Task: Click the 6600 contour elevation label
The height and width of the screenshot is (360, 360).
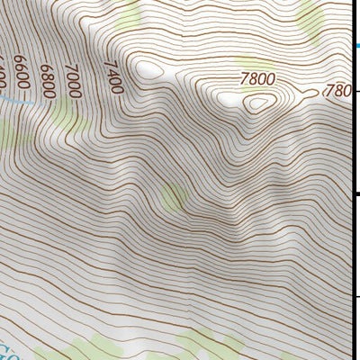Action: [22, 79]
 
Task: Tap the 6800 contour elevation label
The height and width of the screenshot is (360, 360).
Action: [47, 78]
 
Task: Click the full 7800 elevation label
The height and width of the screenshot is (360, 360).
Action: [257, 79]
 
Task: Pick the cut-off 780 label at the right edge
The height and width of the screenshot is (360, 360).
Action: [336, 90]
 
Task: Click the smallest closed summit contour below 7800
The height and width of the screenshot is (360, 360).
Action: [259, 102]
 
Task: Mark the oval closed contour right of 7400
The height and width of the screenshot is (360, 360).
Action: [150, 68]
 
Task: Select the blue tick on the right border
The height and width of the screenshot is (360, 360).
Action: [356, 46]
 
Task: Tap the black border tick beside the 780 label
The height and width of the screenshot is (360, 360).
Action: [356, 91]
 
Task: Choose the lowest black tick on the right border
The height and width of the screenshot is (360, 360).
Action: [356, 296]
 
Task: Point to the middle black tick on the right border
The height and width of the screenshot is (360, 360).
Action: [356, 193]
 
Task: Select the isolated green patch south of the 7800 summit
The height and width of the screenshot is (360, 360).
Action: [173, 195]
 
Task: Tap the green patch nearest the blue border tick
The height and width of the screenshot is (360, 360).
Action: [310, 15]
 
